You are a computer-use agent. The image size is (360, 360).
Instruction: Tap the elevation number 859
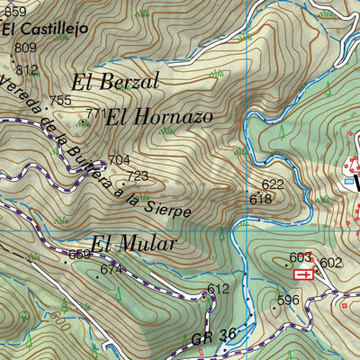coord(13,11)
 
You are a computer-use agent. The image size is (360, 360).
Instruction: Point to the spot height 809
coord(26,48)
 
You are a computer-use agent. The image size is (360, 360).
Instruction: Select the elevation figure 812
coord(28,69)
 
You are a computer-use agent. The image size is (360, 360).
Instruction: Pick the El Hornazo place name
coord(158,116)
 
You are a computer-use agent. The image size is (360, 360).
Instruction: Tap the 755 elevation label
coord(60,100)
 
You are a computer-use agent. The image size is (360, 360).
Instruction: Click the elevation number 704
coord(119,160)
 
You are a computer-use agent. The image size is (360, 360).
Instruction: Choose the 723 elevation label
coord(137,175)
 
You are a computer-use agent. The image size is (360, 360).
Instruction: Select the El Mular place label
coord(132,244)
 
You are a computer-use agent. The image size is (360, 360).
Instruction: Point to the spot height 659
coord(80,255)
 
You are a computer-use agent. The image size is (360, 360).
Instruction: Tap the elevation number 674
coord(110,269)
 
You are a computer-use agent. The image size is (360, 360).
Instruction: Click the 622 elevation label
coord(273,184)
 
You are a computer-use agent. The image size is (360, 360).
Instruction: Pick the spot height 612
coord(218,289)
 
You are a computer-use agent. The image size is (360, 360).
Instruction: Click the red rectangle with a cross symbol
coord(307,274)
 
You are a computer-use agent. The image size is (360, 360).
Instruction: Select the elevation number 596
coord(287,300)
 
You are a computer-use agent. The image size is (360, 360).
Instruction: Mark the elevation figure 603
coord(300,257)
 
